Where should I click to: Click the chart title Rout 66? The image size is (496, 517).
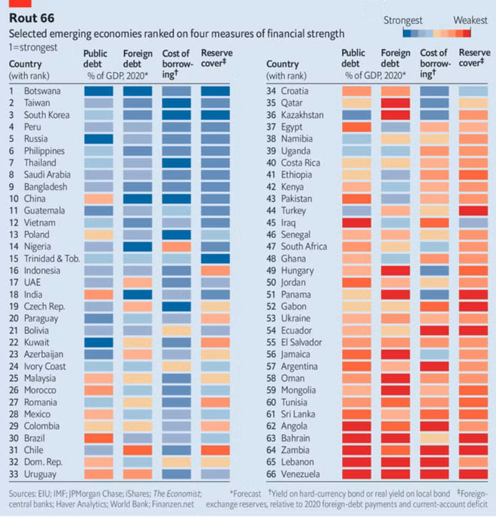point(32,18)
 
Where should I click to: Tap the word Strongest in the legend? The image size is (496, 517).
point(403,20)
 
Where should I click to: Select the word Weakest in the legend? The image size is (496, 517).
point(470,20)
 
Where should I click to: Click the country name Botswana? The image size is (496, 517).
point(42,91)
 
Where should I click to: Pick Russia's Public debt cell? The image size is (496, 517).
point(98,139)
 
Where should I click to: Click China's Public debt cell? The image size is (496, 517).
point(98,199)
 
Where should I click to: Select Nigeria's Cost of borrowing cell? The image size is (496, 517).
point(177,246)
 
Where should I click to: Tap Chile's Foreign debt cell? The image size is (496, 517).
point(138,450)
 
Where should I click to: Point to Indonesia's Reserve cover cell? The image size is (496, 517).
point(216,271)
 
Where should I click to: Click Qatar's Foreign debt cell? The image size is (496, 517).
point(395,103)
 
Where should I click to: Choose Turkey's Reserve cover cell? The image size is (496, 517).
point(473,210)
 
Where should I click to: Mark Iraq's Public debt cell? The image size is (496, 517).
point(356,223)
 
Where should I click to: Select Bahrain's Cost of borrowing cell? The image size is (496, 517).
point(434,438)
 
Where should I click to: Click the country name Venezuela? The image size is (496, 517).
point(301,474)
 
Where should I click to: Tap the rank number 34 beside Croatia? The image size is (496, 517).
point(271,91)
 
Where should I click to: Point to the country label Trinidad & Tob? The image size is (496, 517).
point(52,258)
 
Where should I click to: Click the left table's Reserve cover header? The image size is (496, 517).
point(216,58)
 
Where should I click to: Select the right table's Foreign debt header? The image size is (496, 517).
point(396,58)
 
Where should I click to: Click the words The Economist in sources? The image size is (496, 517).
point(177,494)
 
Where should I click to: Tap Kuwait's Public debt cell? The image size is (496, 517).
point(98,342)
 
